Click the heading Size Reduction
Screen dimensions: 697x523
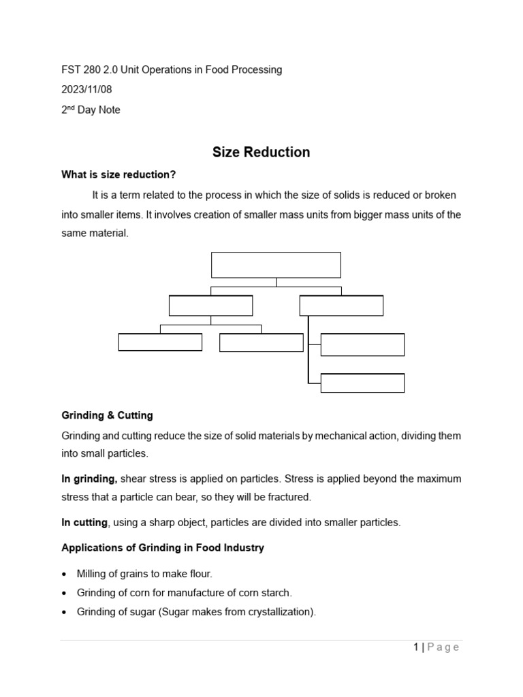point(261,152)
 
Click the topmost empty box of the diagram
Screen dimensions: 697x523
point(276,265)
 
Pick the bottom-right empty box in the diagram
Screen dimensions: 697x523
point(362,383)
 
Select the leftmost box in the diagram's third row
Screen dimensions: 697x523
point(160,342)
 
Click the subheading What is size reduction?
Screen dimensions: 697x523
point(118,175)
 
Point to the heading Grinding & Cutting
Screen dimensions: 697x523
point(107,415)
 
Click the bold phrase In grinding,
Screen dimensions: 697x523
point(90,479)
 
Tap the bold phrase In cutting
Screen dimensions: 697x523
point(84,522)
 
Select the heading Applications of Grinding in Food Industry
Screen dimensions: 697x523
point(163,548)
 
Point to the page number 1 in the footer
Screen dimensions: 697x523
point(416,647)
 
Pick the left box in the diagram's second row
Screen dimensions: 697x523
point(210,306)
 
